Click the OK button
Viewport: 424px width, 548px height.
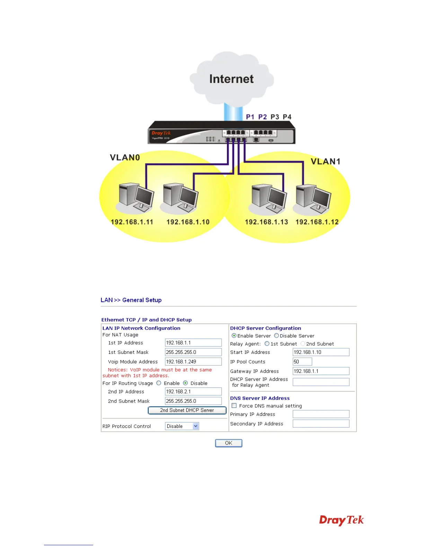pos(229,443)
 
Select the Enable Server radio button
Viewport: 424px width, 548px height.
pos(234,336)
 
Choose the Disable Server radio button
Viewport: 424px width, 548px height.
pos(276,336)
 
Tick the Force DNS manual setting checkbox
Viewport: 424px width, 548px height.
pos(234,406)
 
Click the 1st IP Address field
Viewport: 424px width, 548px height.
pos(193,343)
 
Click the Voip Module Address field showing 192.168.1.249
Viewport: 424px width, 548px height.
pos(193,362)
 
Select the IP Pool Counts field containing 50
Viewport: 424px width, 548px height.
pos(302,362)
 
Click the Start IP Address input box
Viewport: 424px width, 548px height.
pos(321,352)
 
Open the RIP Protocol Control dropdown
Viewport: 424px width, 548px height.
pos(182,426)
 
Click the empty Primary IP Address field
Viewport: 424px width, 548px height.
pos(321,414)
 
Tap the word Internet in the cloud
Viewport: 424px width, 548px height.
pos(231,79)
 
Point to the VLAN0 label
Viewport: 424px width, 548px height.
pos(125,158)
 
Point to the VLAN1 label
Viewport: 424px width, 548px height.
pos(326,162)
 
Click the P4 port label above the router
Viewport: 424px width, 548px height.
pos(287,117)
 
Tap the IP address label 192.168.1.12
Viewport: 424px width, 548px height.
pos(317,222)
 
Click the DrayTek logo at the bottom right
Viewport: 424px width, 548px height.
pos(341,520)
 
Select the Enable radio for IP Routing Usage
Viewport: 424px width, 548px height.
pos(159,383)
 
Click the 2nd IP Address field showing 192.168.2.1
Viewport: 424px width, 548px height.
pos(193,392)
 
